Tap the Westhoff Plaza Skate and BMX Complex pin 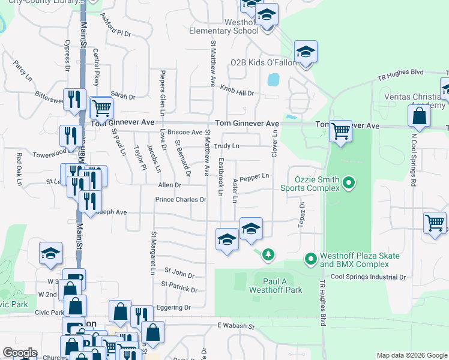tap(310, 259)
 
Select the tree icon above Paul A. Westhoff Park tap(268, 256)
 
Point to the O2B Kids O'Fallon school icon tap(306, 53)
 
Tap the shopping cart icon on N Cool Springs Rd tap(435, 222)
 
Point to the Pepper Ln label tap(254, 177)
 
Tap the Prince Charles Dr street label tap(180, 199)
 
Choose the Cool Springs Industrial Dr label tap(368, 277)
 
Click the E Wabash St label tap(236, 327)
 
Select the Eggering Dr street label tap(174, 307)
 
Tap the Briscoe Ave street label tap(185, 132)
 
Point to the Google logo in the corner tap(20, 353)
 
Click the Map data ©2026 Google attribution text tap(411, 355)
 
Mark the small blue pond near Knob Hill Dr tap(274, 79)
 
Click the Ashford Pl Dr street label tap(115, 26)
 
